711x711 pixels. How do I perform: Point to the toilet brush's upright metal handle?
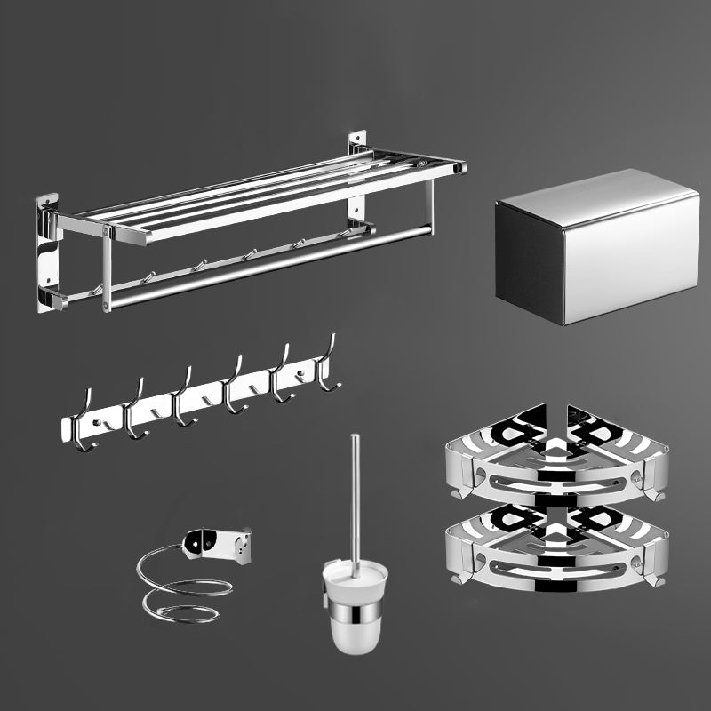355,498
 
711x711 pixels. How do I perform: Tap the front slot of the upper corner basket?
555,484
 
